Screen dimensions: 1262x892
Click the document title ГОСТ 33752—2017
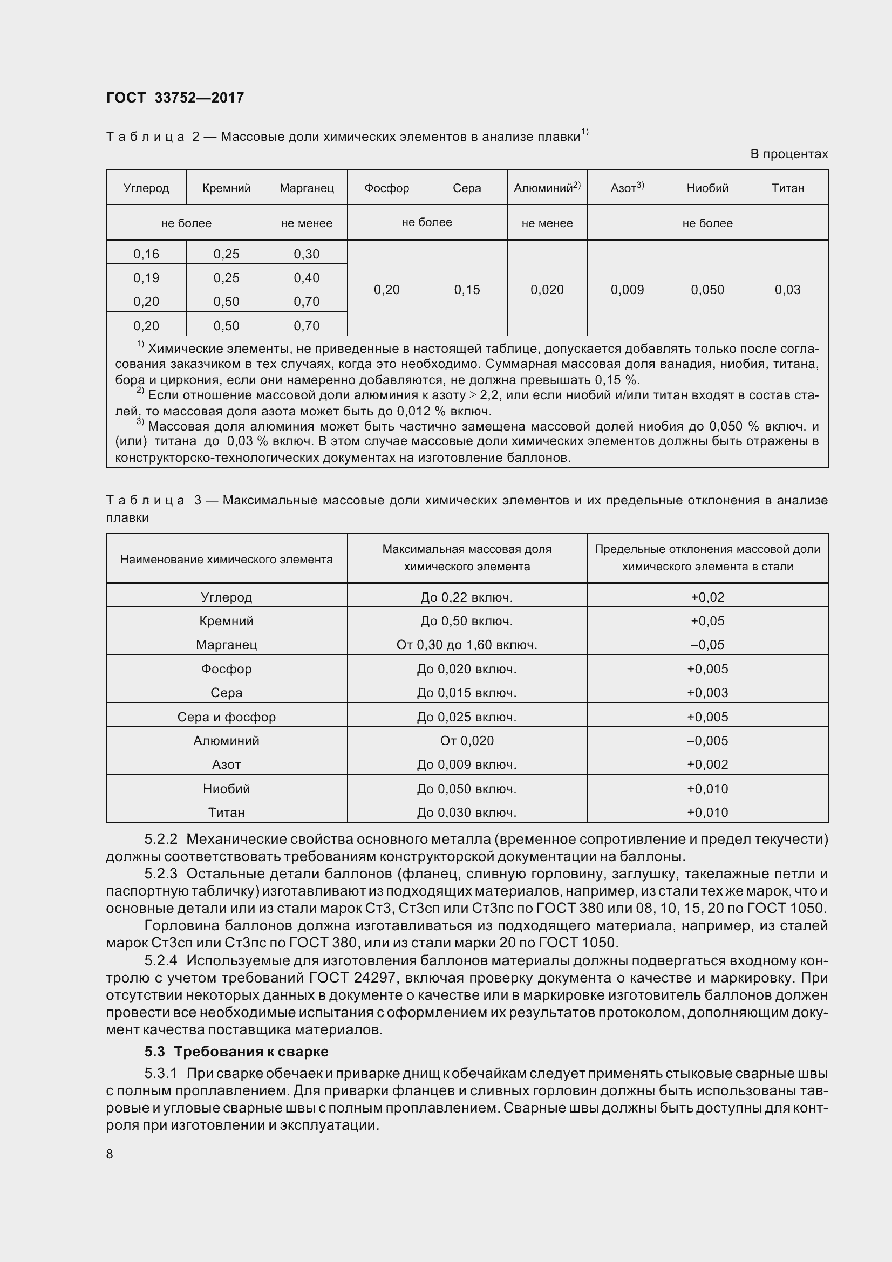coord(175,98)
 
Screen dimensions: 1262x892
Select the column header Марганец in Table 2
coord(307,188)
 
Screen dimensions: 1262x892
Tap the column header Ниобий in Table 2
coord(707,188)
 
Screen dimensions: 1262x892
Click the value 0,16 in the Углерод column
coord(146,254)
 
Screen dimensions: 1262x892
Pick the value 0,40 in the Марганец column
coord(307,277)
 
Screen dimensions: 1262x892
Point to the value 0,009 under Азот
coord(627,290)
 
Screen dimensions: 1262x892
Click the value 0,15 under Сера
coord(467,290)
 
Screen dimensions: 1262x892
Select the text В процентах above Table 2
coord(789,154)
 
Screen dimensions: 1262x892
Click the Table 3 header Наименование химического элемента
coord(227,560)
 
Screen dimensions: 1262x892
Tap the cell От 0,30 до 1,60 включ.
coord(467,645)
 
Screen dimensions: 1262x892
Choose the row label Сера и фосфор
coord(227,717)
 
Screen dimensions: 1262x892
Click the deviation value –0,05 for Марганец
coord(707,645)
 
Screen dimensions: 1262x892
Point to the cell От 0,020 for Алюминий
coord(467,740)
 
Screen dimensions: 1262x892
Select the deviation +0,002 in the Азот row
coord(707,765)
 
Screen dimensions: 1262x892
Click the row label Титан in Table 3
coord(227,813)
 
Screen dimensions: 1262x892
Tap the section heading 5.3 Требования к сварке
coord(236,1052)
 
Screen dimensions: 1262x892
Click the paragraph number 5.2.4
coord(161,960)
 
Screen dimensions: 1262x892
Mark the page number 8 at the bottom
coord(110,1154)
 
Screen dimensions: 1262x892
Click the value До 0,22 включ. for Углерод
coord(467,597)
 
